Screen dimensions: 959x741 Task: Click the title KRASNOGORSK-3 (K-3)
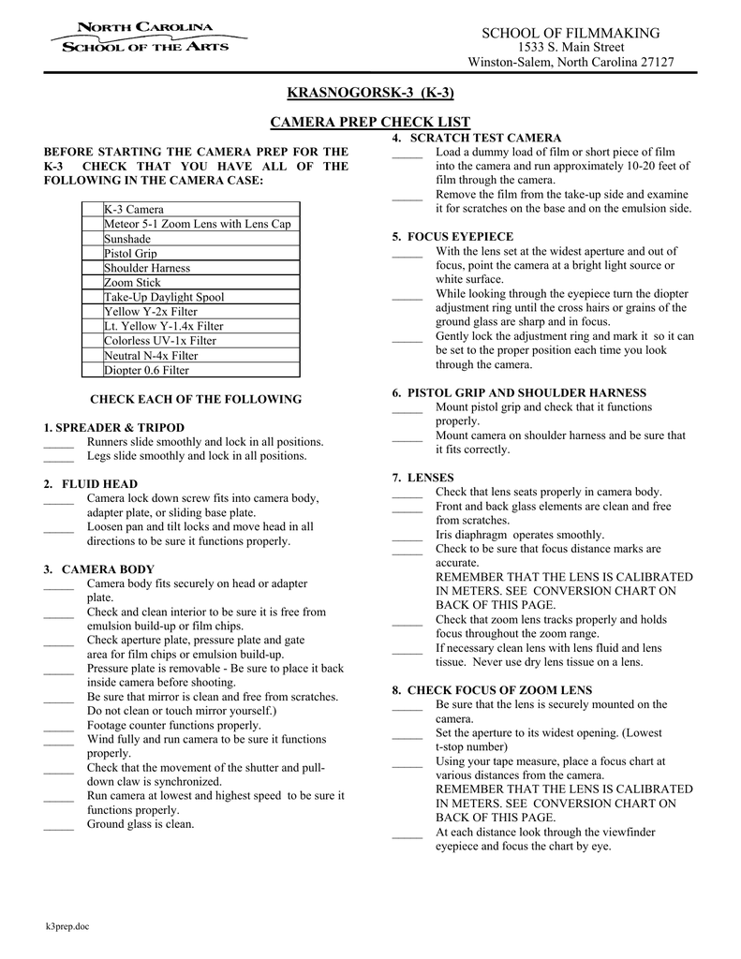pyautogui.click(x=369, y=93)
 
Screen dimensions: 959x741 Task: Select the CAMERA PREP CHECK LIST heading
pyautogui.click(x=370, y=123)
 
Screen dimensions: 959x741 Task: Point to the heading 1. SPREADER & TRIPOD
pyautogui.click(x=113, y=427)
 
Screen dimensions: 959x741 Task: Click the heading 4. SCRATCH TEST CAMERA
pyautogui.click(x=476, y=138)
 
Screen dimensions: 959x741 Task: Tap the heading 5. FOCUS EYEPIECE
pyautogui.click(x=452, y=237)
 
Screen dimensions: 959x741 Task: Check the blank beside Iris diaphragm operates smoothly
pyautogui.click(x=408, y=538)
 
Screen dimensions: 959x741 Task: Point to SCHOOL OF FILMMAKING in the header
pyautogui.click(x=571, y=34)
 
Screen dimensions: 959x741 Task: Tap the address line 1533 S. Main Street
pyautogui.click(x=571, y=48)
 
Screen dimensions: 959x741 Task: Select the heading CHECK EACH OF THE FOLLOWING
pyautogui.click(x=195, y=399)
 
